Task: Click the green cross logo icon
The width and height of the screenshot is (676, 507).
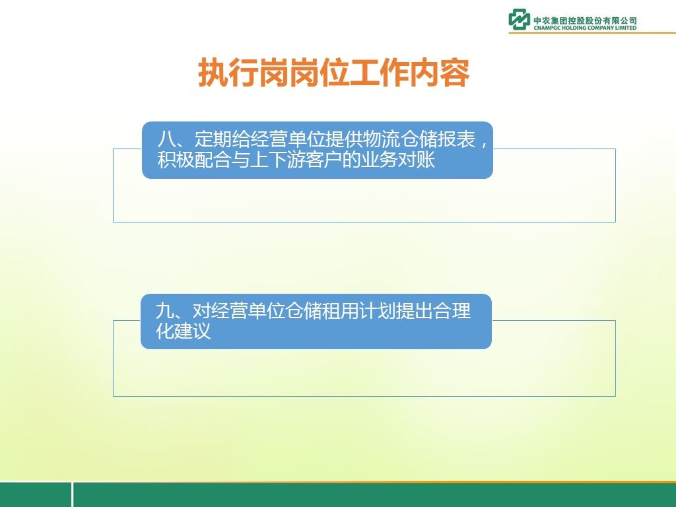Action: (519, 19)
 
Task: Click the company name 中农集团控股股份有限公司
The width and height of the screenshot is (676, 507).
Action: (585, 20)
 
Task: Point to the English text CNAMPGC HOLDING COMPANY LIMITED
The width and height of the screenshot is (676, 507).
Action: (585, 28)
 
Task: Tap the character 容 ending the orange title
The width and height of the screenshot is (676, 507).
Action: (454, 73)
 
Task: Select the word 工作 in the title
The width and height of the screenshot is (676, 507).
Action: (379, 73)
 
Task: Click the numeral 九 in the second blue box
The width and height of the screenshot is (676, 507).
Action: (164, 310)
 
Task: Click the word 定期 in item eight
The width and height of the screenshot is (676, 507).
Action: (213, 139)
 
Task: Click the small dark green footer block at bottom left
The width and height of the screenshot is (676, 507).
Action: (36, 494)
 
